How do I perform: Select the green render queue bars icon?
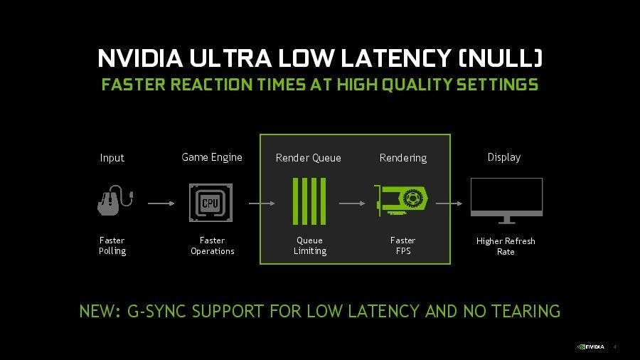(x=309, y=202)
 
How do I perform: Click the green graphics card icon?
(x=402, y=201)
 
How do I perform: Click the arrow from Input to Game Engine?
(x=161, y=203)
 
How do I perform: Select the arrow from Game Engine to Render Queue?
(x=262, y=203)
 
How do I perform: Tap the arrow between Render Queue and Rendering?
(x=352, y=203)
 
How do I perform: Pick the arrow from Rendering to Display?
(x=449, y=203)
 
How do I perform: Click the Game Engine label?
(x=212, y=157)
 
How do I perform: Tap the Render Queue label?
(x=308, y=158)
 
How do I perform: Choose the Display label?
(x=504, y=157)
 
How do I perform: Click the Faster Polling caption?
(x=112, y=245)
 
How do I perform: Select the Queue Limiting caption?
(x=310, y=245)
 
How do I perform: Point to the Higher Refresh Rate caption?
(x=506, y=246)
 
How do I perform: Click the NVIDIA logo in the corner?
(x=590, y=347)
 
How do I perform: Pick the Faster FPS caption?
(x=402, y=245)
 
